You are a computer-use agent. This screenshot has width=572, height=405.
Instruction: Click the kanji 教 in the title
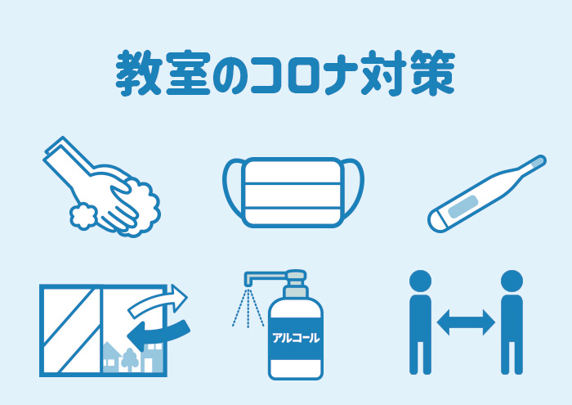tap(139, 73)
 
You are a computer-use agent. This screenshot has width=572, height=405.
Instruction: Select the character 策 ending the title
tap(432, 73)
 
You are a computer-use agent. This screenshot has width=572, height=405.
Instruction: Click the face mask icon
tap(293, 192)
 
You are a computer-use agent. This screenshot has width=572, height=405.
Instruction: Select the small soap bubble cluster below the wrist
tap(83, 217)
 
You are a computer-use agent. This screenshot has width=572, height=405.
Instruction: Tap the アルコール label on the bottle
tap(296, 338)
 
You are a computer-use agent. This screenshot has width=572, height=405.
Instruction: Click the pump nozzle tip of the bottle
tap(248, 280)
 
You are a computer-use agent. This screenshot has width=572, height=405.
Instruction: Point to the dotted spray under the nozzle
tap(248, 308)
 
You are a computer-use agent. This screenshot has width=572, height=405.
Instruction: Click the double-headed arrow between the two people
tap(466, 322)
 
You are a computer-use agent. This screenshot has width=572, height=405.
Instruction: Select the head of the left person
tap(420, 281)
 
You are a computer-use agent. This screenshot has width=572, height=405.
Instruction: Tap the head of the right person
tap(512, 281)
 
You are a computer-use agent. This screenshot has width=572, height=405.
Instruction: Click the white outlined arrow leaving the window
tap(159, 300)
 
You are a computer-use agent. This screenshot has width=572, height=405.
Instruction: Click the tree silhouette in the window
tap(129, 359)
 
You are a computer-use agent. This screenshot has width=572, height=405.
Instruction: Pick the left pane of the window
tap(72, 331)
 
